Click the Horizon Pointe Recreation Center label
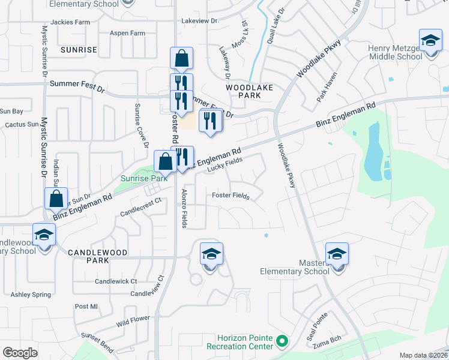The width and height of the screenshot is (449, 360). [x=240, y=342]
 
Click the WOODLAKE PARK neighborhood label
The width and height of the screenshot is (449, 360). [x=249, y=91]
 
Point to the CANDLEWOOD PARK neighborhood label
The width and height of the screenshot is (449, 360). [x=97, y=257]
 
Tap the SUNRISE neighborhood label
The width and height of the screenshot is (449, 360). [x=78, y=50]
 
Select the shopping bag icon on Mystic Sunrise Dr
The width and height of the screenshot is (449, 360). [x=56, y=198]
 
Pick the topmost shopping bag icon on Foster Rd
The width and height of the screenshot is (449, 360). [x=181, y=59]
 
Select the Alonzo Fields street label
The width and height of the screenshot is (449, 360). [x=184, y=208]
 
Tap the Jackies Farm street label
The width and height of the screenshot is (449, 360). [x=70, y=22]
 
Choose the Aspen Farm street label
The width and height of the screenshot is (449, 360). [x=128, y=34]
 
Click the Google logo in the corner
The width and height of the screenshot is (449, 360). [x=20, y=353]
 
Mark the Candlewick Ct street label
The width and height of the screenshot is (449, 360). [x=116, y=281]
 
